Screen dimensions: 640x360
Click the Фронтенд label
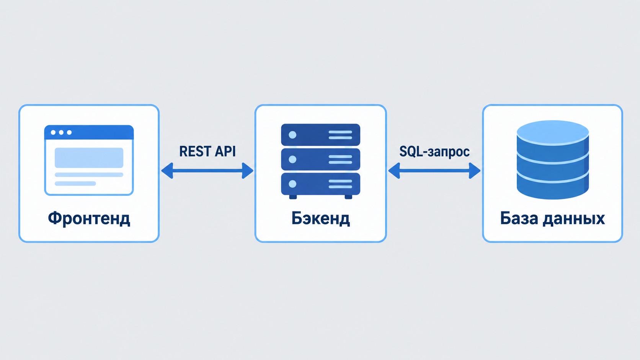coord(89,219)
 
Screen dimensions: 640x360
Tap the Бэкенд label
coord(320,219)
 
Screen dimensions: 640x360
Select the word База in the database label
coord(519,218)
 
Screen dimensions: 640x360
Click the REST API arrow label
coord(207,151)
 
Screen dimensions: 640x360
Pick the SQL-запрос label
coord(434,151)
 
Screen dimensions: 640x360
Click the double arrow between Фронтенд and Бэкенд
coord(207,171)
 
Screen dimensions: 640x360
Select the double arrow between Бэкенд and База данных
coord(434,171)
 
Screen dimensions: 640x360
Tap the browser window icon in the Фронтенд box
coord(89,160)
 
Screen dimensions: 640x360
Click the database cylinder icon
coord(553,160)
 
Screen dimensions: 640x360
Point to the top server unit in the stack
coord(320,135)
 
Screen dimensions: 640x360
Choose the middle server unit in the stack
coord(320,159)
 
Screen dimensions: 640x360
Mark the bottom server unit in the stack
coord(320,184)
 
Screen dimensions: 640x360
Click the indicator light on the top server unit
coord(292,135)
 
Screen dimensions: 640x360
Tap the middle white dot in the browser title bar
coord(61,132)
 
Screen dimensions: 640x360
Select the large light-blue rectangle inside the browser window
coord(89,158)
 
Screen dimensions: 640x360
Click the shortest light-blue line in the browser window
coord(75,184)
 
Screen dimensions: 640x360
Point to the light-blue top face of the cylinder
coord(553,133)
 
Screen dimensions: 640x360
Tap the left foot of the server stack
coord(293,197)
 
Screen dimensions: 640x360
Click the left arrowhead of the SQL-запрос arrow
coord(394,171)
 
